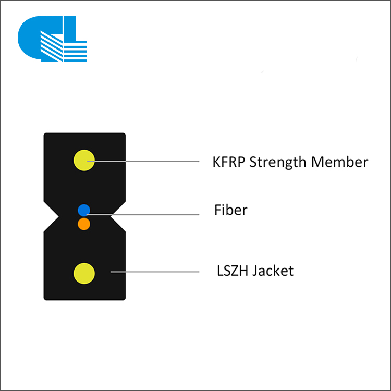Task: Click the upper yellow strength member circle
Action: [84, 161]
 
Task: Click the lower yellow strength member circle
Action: [84, 273]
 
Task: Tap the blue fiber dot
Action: [84, 210]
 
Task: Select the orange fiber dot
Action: [84, 224]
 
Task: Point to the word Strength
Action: [278, 162]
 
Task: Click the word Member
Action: [339, 162]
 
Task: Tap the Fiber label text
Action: [230, 210]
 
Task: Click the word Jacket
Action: [273, 271]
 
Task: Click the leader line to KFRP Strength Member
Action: [143, 161]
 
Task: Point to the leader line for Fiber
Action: [143, 214]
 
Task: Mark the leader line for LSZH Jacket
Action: [155, 272]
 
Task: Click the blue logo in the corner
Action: [52, 39]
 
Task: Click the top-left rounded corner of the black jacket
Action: [45, 134]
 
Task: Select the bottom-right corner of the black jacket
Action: [125, 299]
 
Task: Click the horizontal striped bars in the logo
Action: [76, 52]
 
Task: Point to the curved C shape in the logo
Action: [32, 38]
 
